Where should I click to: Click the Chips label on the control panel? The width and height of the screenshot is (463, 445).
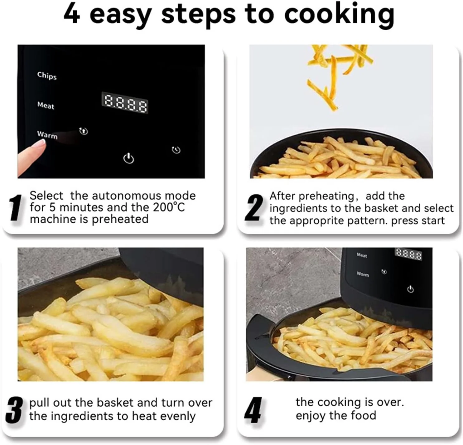tap(47, 75)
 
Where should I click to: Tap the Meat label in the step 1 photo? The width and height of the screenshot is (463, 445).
tap(46, 105)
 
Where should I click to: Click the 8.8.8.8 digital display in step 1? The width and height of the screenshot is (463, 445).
tap(125, 103)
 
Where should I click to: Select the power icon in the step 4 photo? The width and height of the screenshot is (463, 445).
tap(410, 289)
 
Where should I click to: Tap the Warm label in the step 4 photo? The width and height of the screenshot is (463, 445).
tap(363, 274)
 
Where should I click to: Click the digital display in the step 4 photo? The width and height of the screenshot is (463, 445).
tap(408, 254)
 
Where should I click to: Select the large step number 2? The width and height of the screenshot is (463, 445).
tap(254, 208)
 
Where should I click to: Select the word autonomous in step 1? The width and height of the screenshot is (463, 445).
tap(126, 196)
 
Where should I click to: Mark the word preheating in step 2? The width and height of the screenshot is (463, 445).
tap(326, 196)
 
